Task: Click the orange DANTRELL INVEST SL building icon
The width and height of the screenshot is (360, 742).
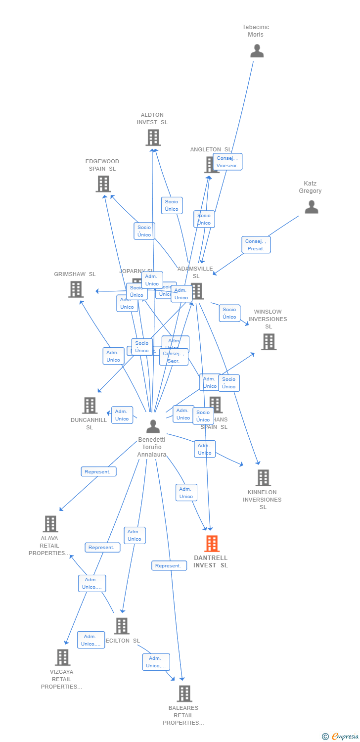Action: click(x=212, y=544)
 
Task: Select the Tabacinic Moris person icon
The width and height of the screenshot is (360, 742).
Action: click(x=257, y=51)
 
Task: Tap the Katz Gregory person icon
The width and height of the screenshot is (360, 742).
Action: click(x=311, y=207)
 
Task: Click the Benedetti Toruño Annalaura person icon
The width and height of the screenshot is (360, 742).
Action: click(x=153, y=426)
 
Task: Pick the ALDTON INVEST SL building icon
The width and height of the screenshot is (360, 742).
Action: click(x=153, y=138)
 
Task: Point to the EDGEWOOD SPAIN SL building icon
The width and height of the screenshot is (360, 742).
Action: click(x=103, y=184)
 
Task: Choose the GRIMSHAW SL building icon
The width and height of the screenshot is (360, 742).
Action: click(x=76, y=289)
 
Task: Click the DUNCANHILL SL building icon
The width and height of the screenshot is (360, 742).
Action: click(x=90, y=406)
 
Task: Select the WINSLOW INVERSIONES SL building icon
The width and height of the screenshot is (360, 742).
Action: click(x=269, y=341)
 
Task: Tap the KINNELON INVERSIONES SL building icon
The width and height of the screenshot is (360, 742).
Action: click(x=263, y=478)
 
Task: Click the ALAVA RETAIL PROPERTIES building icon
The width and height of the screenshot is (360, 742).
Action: click(x=50, y=524)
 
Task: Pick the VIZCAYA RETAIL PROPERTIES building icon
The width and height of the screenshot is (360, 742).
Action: click(x=62, y=657)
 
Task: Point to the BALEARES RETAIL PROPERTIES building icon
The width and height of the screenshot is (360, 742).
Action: click(x=184, y=694)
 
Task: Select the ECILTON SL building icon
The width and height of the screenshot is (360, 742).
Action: click(x=121, y=626)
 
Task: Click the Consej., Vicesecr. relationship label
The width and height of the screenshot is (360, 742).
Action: click(x=227, y=162)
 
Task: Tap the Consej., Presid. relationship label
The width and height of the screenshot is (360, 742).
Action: click(x=256, y=245)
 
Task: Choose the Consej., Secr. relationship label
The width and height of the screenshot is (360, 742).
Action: click(x=174, y=357)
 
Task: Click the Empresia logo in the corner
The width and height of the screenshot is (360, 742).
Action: click(x=341, y=736)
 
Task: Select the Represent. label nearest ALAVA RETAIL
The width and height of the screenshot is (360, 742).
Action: click(x=98, y=471)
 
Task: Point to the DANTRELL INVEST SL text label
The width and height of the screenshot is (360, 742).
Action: click(x=211, y=561)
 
